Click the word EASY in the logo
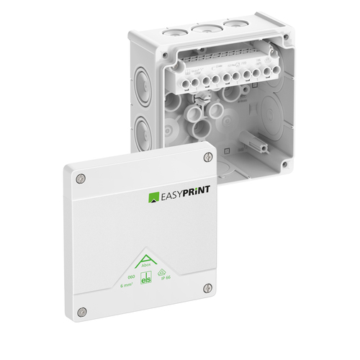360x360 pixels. click(173, 197)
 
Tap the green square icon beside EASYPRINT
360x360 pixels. click(153, 197)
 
